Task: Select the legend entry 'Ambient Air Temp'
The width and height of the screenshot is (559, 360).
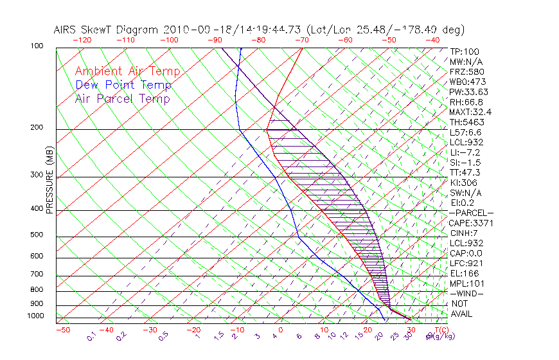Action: click(x=127, y=71)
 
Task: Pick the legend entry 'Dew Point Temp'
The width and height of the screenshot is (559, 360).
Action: click(x=123, y=85)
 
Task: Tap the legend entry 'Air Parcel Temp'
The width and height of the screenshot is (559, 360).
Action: click(x=122, y=98)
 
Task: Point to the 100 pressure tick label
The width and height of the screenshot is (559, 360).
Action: click(x=37, y=46)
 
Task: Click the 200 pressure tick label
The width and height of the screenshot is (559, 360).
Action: click(x=37, y=128)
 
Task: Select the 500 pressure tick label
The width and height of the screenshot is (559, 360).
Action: click(x=37, y=235)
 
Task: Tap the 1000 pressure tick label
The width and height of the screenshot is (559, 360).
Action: click(x=35, y=316)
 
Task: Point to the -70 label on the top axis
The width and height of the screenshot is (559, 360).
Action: click(x=301, y=40)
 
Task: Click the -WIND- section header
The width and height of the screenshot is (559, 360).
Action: click(x=466, y=293)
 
